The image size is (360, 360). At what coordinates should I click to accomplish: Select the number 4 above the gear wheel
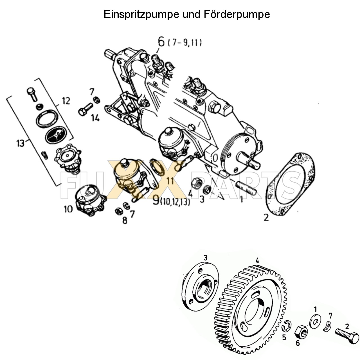[257, 260]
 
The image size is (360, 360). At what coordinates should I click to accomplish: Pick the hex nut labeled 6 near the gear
[301, 332]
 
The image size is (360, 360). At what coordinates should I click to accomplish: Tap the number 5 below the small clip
[284, 337]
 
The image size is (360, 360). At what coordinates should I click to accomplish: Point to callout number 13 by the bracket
[20, 143]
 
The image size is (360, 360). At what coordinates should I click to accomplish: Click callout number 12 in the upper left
[66, 101]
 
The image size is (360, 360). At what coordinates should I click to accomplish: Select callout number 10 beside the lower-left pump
[68, 209]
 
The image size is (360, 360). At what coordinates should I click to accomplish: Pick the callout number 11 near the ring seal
[170, 181]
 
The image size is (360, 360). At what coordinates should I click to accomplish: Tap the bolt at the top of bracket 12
[31, 93]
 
